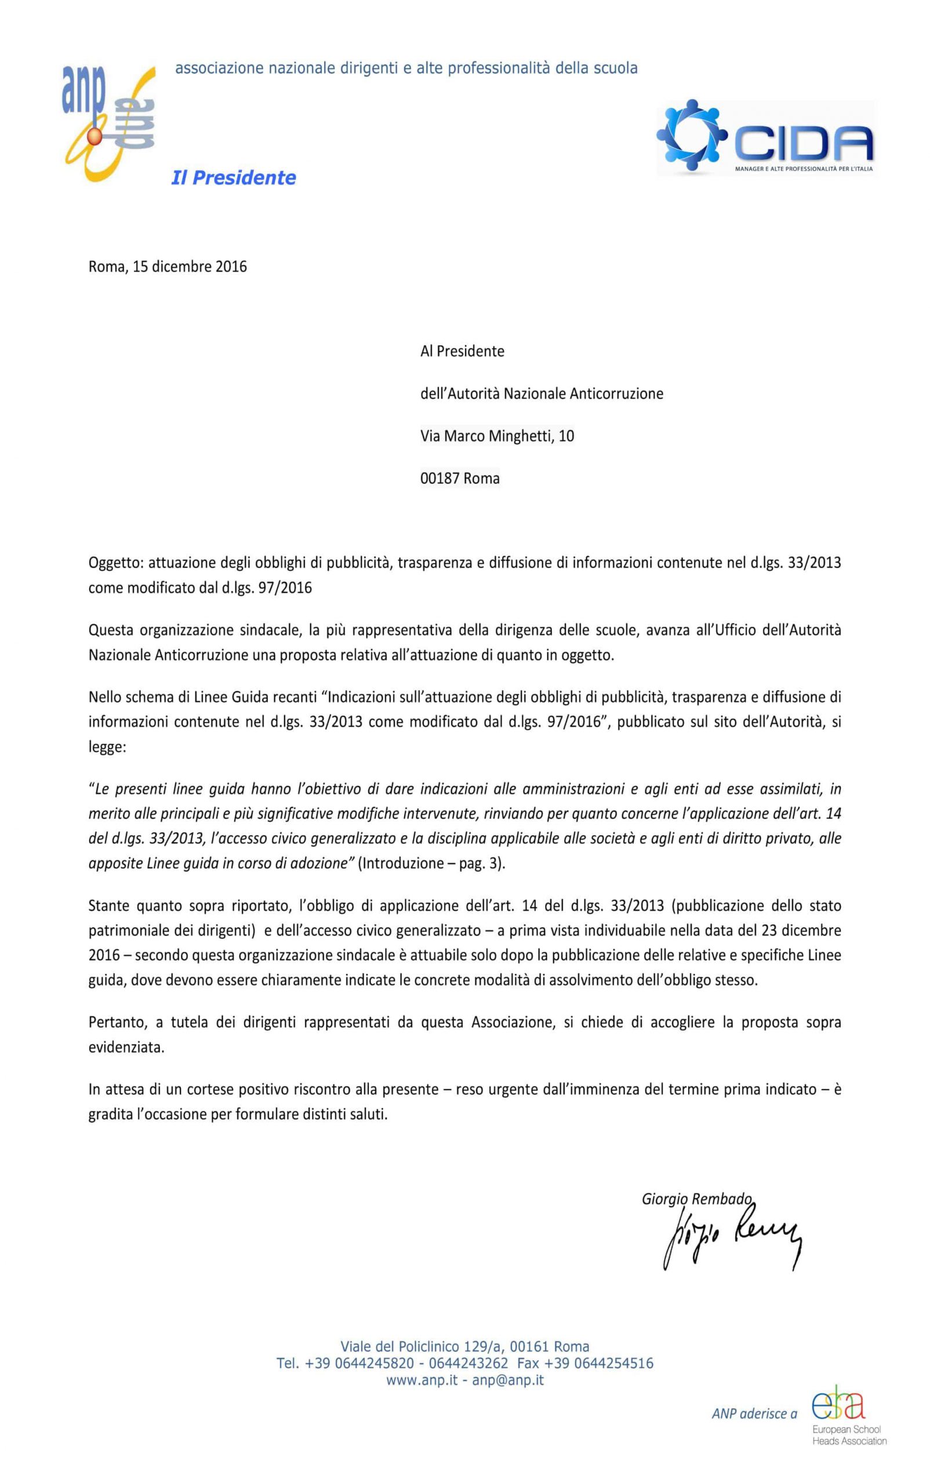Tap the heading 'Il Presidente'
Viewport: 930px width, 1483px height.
click(x=233, y=178)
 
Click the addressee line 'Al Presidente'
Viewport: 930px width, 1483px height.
click(x=462, y=351)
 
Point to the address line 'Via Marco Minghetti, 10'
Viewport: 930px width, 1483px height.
click(x=497, y=436)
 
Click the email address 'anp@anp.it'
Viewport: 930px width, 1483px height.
click(x=508, y=1380)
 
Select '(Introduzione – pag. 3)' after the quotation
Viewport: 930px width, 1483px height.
click(x=431, y=863)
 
